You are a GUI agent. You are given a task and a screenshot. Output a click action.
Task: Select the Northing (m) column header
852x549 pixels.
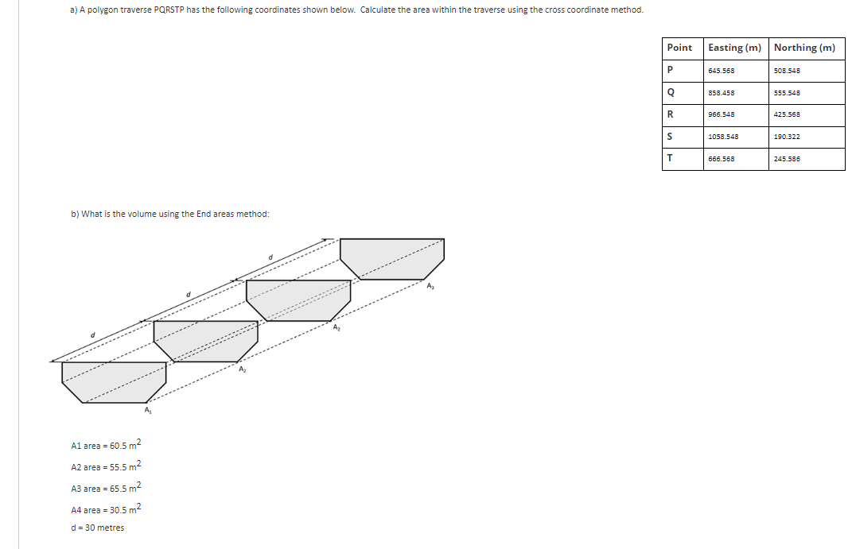tap(804, 48)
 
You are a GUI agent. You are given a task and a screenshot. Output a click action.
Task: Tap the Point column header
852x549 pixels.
tap(679, 48)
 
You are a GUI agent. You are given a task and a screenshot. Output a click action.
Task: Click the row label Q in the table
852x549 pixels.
tap(671, 92)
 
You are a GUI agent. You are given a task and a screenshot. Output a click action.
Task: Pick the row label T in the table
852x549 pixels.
tap(671, 158)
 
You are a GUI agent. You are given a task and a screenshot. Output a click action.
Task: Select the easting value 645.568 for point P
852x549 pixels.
tap(722, 71)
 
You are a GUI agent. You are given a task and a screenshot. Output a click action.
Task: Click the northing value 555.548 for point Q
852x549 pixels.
tap(787, 93)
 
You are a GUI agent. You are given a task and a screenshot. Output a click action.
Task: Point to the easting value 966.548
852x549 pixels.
tap(722, 114)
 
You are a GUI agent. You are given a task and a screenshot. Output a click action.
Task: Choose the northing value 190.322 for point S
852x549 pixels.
tap(787, 137)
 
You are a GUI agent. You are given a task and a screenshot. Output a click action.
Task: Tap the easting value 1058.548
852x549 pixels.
tap(723, 137)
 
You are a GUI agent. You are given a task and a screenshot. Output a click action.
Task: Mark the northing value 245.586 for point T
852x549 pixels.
tap(787, 159)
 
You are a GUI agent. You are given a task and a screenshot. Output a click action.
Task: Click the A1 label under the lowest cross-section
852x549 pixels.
tap(148, 411)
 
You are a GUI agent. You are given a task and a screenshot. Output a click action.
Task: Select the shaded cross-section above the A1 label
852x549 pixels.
tap(114, 381)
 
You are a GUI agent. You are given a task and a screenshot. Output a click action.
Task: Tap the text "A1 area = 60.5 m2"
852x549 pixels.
tap(106, 446)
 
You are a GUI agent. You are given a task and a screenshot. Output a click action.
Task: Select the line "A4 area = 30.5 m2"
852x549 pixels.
tap(106, 509)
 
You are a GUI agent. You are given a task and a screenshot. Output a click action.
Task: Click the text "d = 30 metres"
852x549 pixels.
tap(97, 528)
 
